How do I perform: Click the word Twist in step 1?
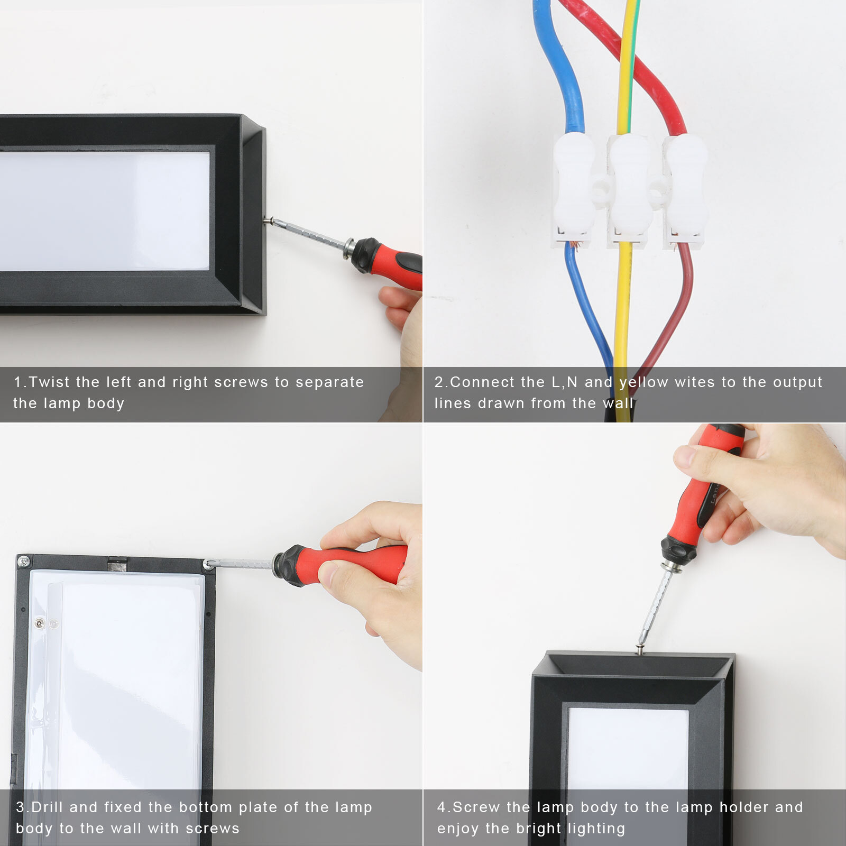click(49, 382)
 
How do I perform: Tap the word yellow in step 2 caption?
click(644, 382)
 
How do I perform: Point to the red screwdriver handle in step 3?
click(341, 565)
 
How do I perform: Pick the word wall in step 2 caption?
click(618, 403)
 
